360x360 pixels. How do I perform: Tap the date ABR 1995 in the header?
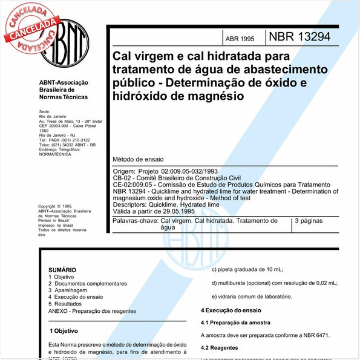tap(240, 38)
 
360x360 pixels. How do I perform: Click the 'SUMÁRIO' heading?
tap(62, 269)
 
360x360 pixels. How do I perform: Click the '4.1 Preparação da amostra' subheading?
tap(235, 322)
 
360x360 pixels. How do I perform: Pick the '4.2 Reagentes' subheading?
tap(219, 348)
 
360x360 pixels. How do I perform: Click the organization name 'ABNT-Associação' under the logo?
tap(64, 82)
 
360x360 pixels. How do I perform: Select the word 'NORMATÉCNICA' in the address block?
tap(54, 154)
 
